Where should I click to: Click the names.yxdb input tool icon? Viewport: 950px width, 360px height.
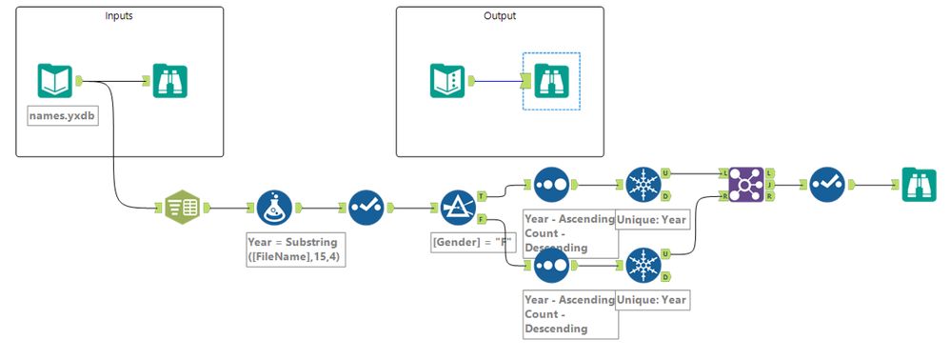pos(55,81)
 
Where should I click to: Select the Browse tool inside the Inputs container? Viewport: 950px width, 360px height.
pos(170,81)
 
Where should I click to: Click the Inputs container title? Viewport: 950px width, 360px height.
pos(119,16)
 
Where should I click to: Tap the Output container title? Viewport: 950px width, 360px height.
pos(500,16)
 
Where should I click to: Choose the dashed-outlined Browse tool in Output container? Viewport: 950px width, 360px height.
pos(551,81)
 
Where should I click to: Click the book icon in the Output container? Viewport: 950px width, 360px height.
pos(446,81)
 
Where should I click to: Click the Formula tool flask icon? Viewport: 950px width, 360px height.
pos(275,207)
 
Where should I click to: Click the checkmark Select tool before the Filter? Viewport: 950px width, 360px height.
pos(366,207)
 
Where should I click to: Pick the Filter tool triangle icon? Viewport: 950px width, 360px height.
pos(458,207)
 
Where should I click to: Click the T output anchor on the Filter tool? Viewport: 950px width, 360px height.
pos(482,196)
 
